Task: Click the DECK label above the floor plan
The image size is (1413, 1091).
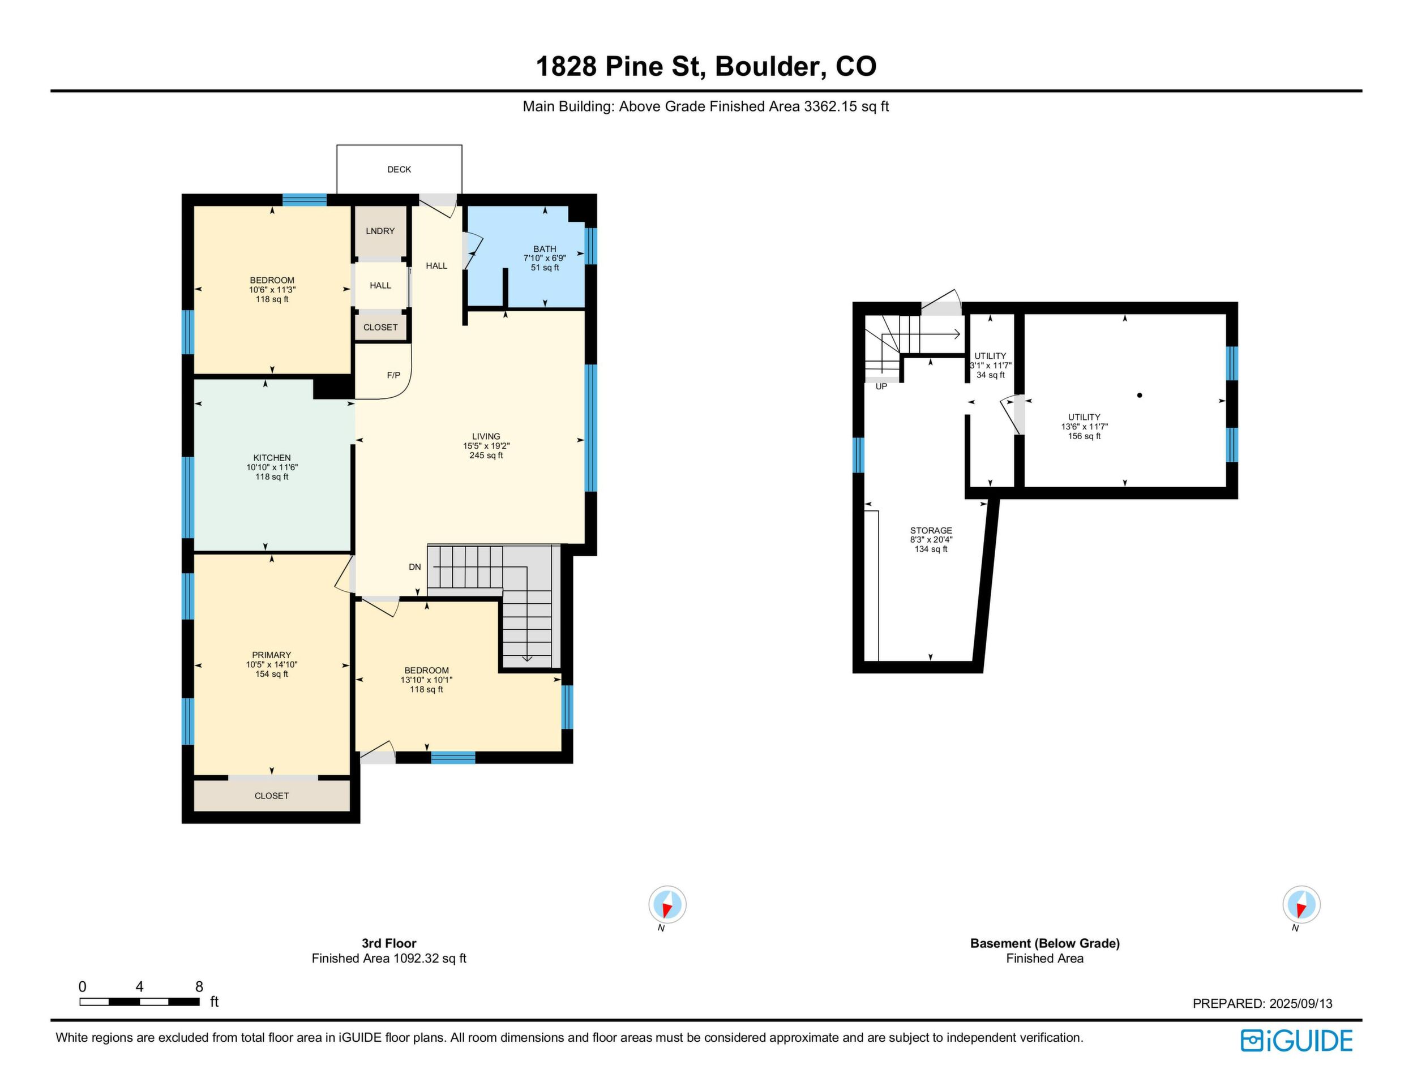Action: coord(399,169)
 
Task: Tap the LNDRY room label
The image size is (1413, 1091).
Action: coord(380,231)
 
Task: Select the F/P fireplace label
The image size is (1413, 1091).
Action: coord(393,375)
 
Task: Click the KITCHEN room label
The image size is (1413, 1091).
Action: coord(272,458)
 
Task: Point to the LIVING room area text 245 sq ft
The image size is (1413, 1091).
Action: coord(486,456)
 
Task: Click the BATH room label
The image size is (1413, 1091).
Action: coord(545,249)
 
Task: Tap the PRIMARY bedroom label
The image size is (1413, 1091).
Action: coord(272,655)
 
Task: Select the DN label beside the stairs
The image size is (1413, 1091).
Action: coord(415,567)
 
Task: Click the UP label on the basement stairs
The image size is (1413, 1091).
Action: coord(881,386)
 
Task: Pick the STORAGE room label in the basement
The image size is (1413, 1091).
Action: coord(931,530)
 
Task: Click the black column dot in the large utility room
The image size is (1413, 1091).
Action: coord(1140,395)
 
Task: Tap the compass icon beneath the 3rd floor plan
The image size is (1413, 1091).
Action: coord(667,904)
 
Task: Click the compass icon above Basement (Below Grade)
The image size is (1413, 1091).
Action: coord(1301,904)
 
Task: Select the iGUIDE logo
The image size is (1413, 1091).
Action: coord(1296,1041)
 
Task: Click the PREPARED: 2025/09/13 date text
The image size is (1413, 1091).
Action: coord(1262,1004)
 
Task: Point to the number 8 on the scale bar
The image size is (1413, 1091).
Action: coord(199,986)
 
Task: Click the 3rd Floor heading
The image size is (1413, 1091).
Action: coord(389,943)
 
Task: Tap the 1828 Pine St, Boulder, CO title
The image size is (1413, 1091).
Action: coord(706,66)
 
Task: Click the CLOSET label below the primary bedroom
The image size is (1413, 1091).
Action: coord(272,796)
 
